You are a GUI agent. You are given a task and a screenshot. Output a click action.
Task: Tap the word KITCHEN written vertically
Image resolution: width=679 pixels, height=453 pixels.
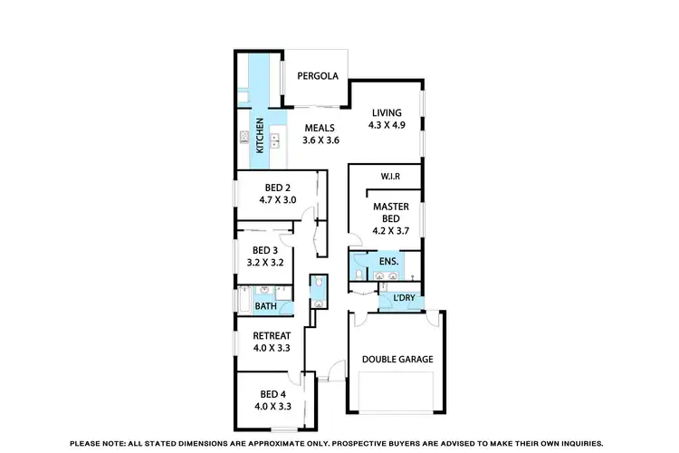260,135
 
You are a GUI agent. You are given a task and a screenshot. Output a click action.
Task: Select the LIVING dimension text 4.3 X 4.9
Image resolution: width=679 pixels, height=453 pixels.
386,125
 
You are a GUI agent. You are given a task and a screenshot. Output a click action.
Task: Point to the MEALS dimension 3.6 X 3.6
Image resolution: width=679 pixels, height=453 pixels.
320,140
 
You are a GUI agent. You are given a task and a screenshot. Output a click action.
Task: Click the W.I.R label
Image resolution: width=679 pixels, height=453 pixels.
391,177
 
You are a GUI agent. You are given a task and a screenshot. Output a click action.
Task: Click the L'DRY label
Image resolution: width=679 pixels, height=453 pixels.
404,298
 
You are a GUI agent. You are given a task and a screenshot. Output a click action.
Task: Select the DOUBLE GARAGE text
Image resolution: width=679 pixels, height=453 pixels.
397,359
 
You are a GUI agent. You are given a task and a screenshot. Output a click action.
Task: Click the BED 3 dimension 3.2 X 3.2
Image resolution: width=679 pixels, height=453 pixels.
266,263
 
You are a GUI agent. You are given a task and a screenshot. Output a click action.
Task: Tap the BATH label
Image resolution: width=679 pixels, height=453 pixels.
265,306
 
